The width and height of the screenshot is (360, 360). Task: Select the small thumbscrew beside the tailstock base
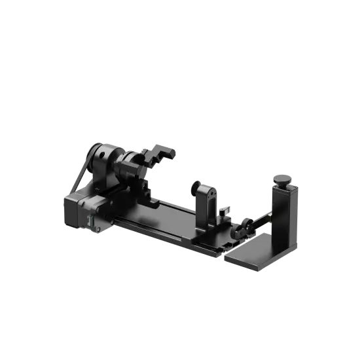[x=224, y=213]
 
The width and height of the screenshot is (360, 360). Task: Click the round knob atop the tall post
[x=283, y=179]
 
